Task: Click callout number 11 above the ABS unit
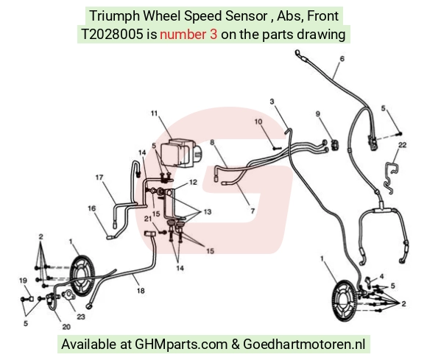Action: (155, 113)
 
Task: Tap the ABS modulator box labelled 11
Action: (181, 153)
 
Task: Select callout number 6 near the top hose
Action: (342, 59)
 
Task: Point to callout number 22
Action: (402, 145)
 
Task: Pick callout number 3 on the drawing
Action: (272, 102)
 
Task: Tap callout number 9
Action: (318, 114)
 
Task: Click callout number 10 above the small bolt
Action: (258, 121)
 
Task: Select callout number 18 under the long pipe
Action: (141, 291)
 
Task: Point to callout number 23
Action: (81, 317)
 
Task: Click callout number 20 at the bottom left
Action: (66, 327)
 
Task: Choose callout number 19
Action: (23, 280)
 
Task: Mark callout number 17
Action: (99, 177)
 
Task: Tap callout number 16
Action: (92, 208)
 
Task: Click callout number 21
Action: (148, 219)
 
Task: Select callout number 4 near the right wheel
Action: (381, 276)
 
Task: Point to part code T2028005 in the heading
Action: (112, 35)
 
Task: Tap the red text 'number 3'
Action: (188, 35)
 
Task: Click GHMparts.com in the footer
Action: (181, 345)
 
